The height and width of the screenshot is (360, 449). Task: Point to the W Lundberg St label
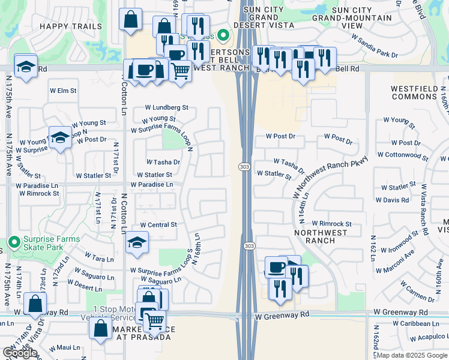coord(166,108)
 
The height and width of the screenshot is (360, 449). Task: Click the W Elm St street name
coord(63,91)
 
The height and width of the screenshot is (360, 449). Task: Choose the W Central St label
coord(158,225)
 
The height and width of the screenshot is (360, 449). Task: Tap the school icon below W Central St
coord(137,242)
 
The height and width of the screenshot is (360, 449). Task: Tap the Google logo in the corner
coord(20,353)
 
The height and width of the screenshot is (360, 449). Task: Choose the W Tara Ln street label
coord(99,259)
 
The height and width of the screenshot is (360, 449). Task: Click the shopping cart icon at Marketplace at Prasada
coord(155,322)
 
